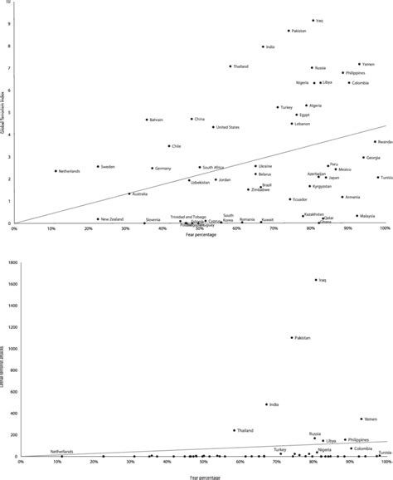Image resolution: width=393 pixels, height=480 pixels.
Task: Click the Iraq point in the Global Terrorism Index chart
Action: pos(313,21)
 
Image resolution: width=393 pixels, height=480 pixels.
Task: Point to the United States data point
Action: pos(213,127)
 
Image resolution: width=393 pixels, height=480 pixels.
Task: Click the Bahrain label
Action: pos(157,120)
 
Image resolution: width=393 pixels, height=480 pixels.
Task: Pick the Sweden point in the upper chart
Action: pos(98,166)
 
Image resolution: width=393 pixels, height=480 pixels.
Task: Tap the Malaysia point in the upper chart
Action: pos(357,216)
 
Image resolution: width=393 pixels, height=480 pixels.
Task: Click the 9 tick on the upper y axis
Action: pos(8,23)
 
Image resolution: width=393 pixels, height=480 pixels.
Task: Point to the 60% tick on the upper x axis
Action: pos(237,228)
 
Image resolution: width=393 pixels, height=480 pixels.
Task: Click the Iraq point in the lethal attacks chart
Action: pos(316,280)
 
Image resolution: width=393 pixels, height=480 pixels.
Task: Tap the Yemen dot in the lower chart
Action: pos(361,419)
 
